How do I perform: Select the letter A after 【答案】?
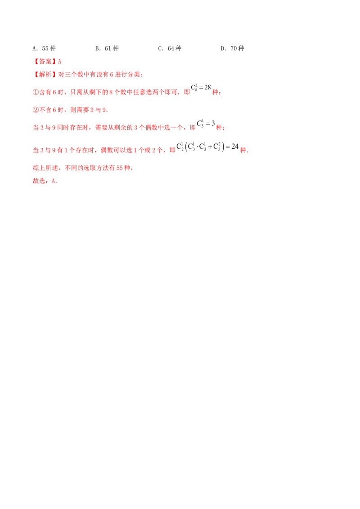[62, 61]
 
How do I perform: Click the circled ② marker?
[35, 110]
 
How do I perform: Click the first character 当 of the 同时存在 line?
[35, 128]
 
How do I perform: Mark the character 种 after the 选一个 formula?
[219, 128]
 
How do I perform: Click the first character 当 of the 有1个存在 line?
[35, 149]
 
